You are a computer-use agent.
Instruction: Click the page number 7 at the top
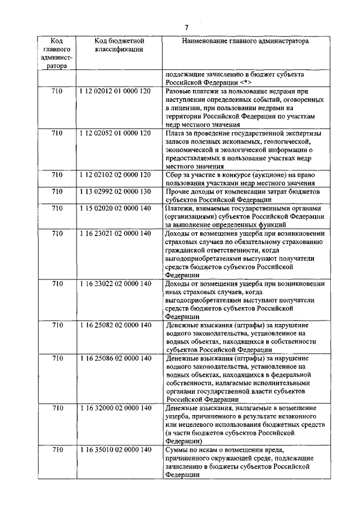pos(186,28)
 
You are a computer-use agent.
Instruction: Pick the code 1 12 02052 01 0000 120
pos(115,133)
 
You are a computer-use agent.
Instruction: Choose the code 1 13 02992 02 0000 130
pos(115,192)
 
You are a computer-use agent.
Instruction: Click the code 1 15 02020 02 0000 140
pos(115,209)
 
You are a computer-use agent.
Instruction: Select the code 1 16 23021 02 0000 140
pos(115,233)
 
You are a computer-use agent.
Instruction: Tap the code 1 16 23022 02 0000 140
pos(115,284)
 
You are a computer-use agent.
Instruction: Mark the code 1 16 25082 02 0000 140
pos(115,326)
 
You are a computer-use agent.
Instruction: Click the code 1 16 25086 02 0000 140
pos(115,358)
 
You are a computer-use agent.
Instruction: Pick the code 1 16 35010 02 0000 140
pos(115,450)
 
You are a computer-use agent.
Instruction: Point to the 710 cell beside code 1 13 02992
pos(57,192)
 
